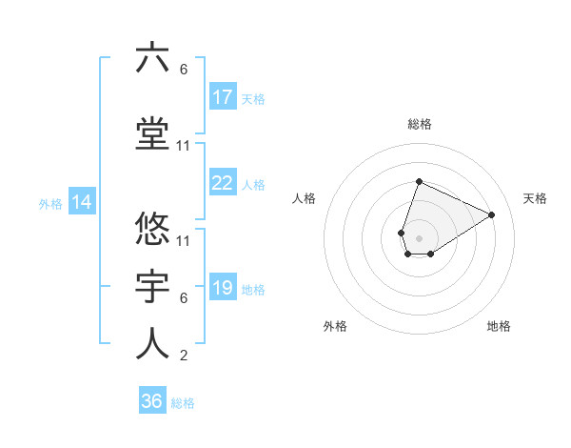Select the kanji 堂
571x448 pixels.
(x=152, y=133)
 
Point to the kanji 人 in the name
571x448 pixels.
(x=152, y=343)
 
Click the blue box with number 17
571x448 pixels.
(x=223, y=96)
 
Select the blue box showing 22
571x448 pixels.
(x=223, y=183)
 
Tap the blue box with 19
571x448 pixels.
(x=223, y=287)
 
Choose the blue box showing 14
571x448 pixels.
(x=81, y=202)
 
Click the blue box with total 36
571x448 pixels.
(x=152, y=401)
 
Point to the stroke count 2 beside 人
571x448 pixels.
(x=184, y=356)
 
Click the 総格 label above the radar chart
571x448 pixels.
(x=420, y=124)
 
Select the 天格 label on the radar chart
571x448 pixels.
(x=536, y=198)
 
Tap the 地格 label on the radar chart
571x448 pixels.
(x=499, y=326)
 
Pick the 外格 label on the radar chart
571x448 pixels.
(x=335, y=326)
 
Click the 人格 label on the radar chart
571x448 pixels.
(x=305, y=198)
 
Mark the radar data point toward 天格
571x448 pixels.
(x=492, y=214)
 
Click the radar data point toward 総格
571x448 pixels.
(x=419, y=182)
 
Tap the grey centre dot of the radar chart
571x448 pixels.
(x=419, y=237)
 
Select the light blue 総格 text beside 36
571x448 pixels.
(x=183, y=403)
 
